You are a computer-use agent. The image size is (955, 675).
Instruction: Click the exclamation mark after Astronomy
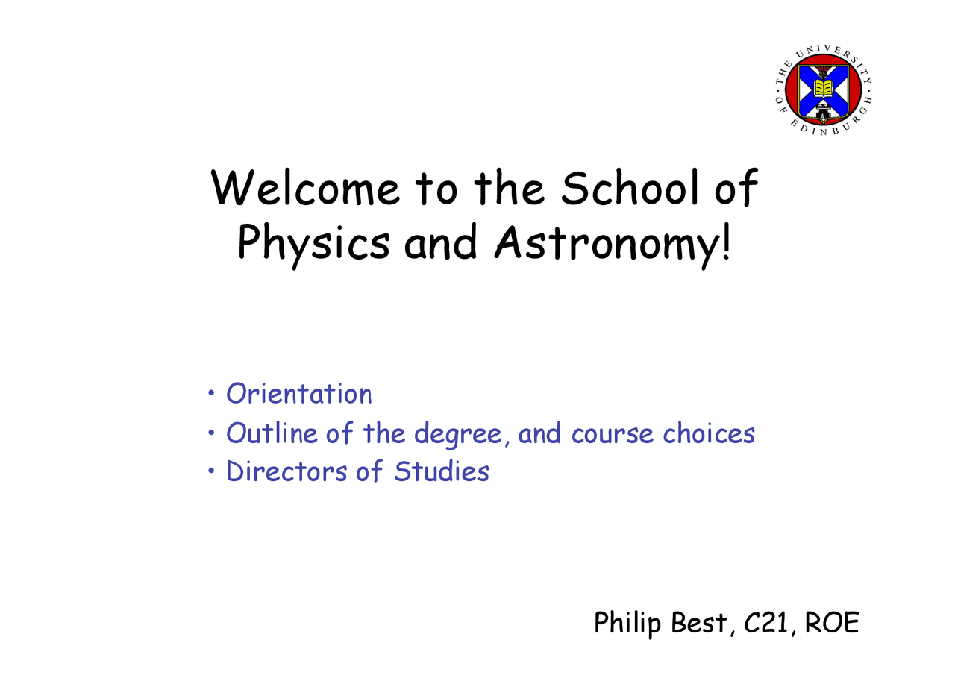coord(727,242)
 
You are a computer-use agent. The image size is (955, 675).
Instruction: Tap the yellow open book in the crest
coord(823,89)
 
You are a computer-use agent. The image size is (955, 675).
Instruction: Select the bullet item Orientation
coord(298,394)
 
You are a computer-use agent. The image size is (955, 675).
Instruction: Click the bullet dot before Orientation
coord(212,392)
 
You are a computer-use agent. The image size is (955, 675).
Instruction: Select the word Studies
coord(441,472)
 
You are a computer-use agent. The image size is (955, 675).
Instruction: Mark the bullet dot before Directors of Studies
coord(212,471)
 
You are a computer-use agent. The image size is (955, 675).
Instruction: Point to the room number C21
coord(765,623)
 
